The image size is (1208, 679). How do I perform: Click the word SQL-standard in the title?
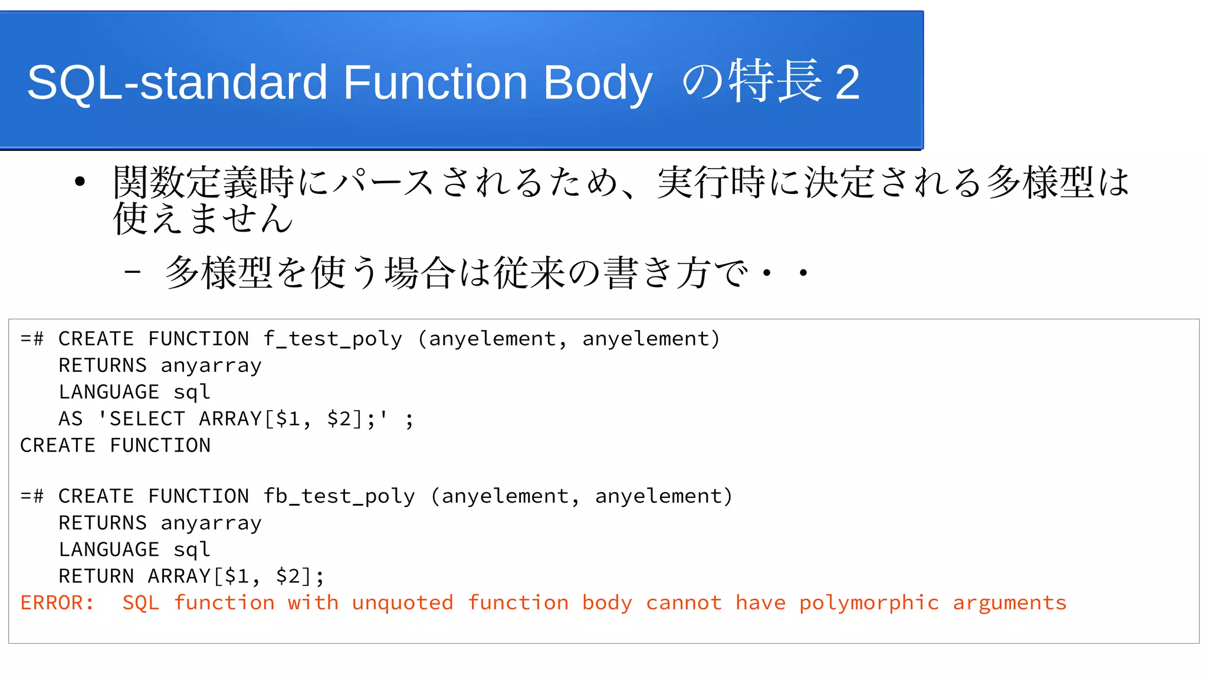tap(177, 83)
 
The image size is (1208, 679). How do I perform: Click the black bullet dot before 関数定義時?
tap(80, 182)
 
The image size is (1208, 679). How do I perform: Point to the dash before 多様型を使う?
tap(133, 272)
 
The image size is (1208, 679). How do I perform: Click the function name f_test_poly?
tap(333, 339)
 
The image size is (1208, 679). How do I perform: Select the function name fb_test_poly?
tap(339, 496)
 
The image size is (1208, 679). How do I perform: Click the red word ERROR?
tap(57, 603)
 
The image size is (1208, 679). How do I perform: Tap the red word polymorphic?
tap(869, 603)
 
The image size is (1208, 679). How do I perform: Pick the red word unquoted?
tap(402, 603)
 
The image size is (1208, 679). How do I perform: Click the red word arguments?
tap(1009, 603)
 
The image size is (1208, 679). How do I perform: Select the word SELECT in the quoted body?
tap(147, 419)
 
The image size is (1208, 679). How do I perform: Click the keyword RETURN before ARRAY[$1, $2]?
tap(96, 576)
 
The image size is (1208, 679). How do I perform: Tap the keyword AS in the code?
tap(71, 419)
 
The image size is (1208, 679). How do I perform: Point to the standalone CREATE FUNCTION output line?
tap(115, 446)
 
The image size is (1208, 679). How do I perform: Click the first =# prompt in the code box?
tap(32, 339)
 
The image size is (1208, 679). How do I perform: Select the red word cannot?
tap(684, 603)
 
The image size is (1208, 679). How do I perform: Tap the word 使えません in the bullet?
tap(203, 219)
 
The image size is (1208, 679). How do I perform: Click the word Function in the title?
tap(435, 83)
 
